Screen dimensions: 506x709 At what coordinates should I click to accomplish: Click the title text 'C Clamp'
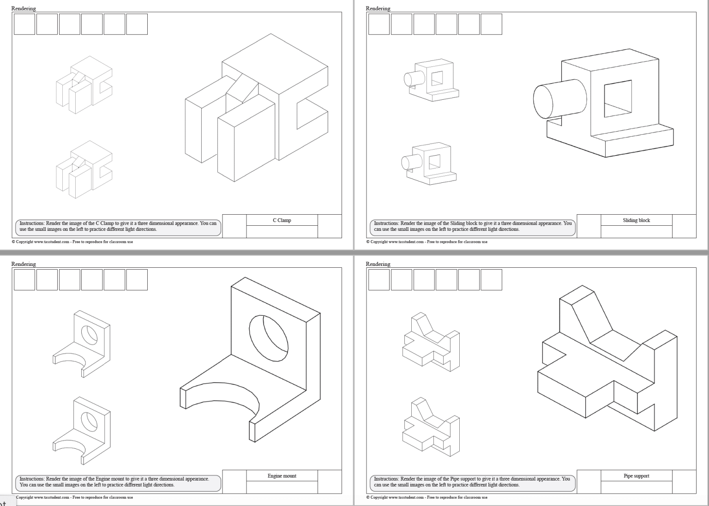[282, 220]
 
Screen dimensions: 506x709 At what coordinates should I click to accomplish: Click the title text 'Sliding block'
[636, 220]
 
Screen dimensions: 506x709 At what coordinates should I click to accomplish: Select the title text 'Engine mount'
[282, 476]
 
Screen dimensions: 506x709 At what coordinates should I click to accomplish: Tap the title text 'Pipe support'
[636, 476]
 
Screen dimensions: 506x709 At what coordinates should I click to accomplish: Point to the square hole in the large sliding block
[618, 98]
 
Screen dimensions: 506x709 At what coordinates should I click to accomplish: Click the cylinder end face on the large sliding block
[543, 102]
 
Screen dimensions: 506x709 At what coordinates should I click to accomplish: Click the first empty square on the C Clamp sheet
[24, 24]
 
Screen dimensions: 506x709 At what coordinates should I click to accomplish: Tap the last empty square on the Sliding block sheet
[491, 24]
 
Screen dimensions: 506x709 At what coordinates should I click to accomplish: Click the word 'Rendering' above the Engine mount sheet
[24, 264]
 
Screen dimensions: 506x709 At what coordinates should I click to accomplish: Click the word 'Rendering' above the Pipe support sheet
[378, 264]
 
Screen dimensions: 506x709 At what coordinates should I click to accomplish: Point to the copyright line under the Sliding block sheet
[427, 241]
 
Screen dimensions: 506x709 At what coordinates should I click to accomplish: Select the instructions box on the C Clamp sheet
[118, 226]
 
